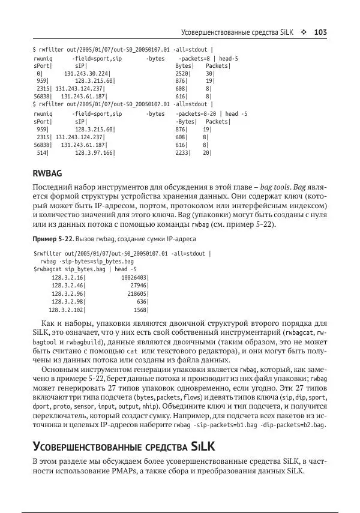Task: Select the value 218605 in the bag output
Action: [x=137, y=294]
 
